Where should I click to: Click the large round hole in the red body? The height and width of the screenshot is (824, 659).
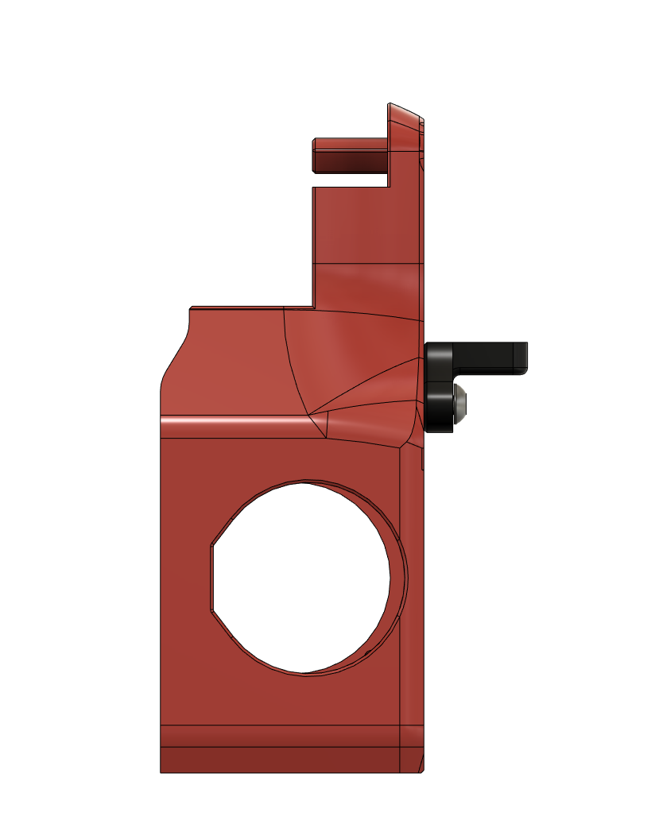(x=302, y=577)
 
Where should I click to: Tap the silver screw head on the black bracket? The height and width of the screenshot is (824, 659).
(x=460, y=404)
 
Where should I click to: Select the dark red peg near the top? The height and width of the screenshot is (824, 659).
(x=350, y=155)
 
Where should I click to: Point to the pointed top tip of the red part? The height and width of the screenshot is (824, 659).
(x=390, y=104)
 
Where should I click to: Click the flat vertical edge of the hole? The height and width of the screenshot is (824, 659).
(x=211, y=578)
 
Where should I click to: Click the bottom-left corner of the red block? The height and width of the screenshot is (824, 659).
(x=161, y=772)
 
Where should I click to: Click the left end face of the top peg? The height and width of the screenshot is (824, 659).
(x=313, y=156)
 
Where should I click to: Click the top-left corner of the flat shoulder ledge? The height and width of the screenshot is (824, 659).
(x=191, y=307)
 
